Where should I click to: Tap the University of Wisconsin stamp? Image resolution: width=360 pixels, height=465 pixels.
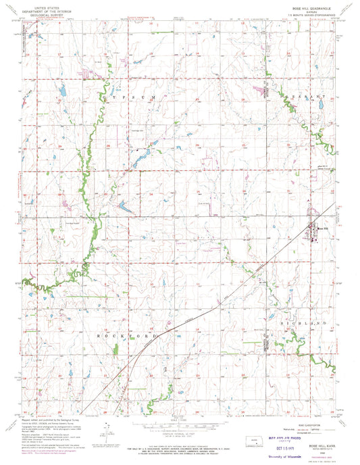pyautogui.click(x=289, y=456)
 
